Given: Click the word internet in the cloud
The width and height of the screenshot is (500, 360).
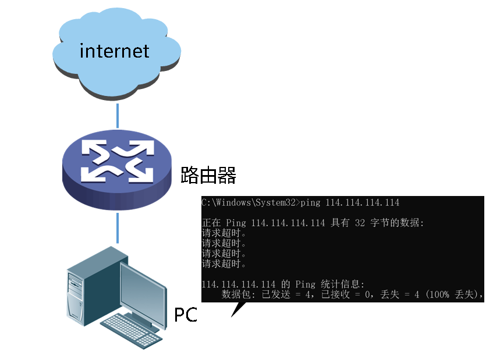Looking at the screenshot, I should [114, 51].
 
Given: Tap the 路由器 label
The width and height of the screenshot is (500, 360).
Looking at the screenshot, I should [208, 174].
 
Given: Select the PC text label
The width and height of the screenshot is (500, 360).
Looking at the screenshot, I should [186, 315].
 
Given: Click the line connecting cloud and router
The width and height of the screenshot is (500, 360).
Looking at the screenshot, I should [117, 115].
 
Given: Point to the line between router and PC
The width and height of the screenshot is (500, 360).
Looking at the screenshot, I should [117, 227].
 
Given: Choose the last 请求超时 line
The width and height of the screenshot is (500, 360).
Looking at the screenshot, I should [224, 264].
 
